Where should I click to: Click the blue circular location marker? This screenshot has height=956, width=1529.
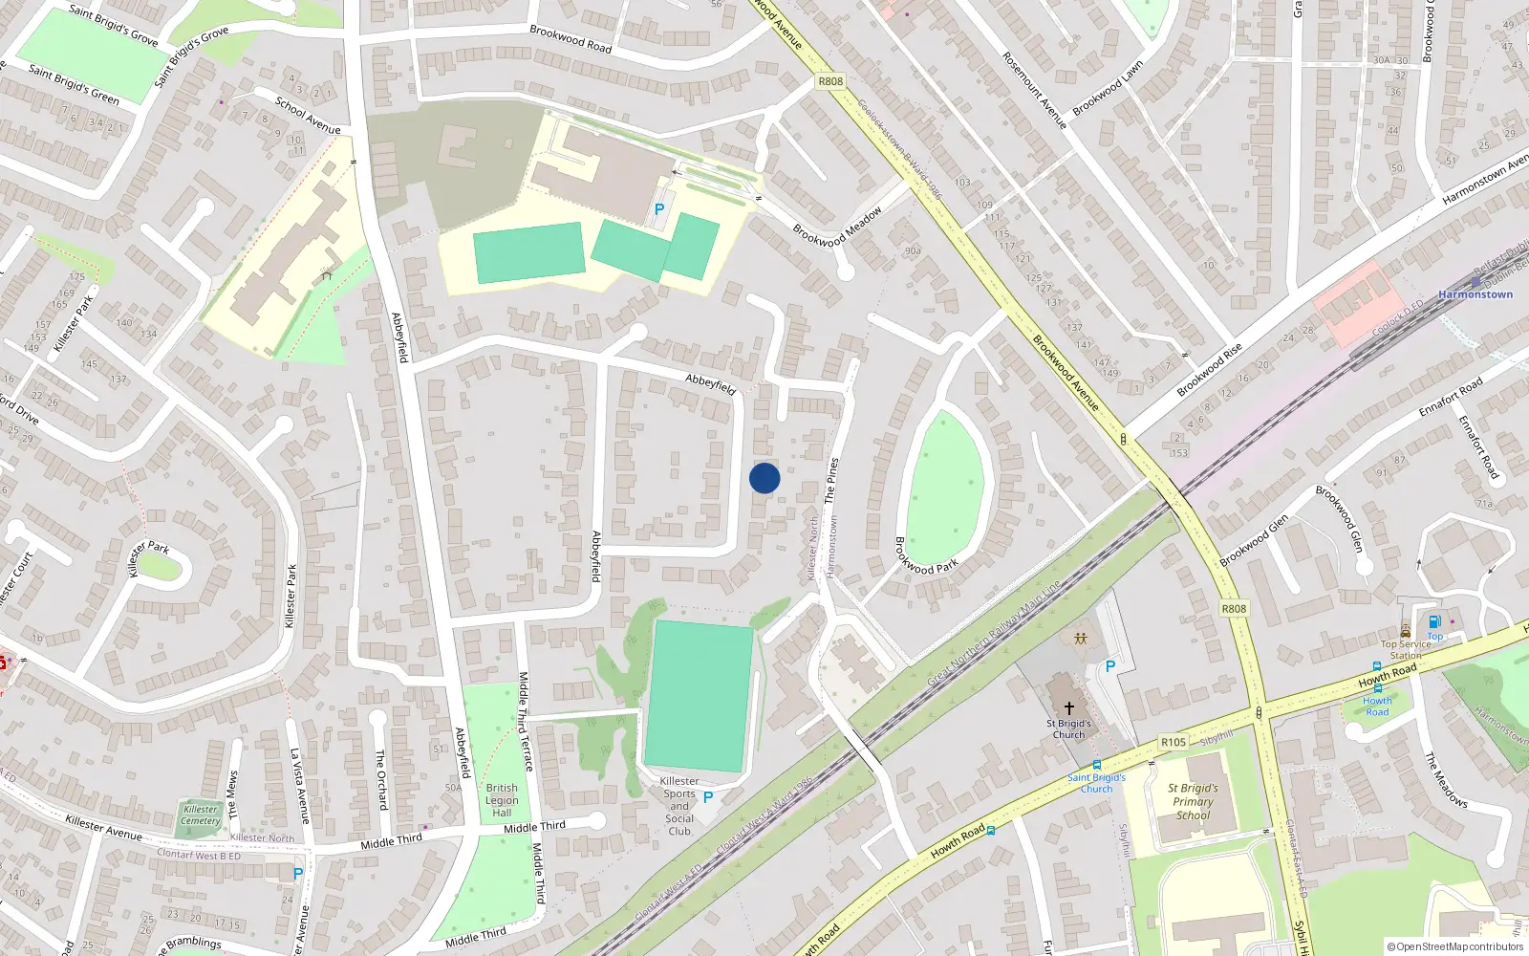(x=764, y=478)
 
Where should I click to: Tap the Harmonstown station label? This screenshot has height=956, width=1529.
(x=1475, y=294)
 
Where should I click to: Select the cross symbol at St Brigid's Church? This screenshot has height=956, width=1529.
(x=1068, y=708)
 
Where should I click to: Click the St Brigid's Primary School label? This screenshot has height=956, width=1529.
(x=1193, y=802)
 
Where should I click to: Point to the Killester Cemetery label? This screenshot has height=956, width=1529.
(x=201, y=815)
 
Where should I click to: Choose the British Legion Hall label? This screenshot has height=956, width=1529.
(x=502, y=800)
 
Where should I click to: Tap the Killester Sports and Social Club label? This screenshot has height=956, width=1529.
(x=679, y=806)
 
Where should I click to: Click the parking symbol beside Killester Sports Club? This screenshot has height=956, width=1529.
(x=708, y=797)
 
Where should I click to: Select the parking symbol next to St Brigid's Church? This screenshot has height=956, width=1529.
(x=1109, y=666)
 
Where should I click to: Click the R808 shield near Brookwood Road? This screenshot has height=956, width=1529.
(x=830, y=81)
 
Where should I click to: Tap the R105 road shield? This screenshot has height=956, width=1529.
(x=1174, y=742)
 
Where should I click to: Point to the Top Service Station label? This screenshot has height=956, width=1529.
(x=1406, y=649)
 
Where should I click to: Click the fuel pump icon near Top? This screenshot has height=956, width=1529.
(x=1434, y=621)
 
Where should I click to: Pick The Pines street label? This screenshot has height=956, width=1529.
(x=831, y=480)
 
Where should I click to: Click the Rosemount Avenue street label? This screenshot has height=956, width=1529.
(x=1034, y=91)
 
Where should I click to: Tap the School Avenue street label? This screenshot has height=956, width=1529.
(x=308, y=116)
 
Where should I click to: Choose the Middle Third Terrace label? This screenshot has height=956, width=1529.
(x=525, y=721)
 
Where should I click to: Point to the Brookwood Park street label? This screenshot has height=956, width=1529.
(x=925, y=555)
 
